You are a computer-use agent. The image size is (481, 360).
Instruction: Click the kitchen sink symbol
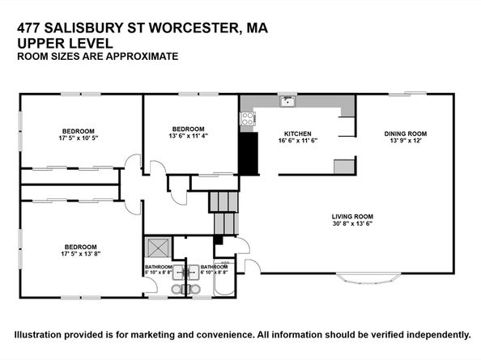pos(287,101)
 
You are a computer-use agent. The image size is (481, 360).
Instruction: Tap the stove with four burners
pos(248,119)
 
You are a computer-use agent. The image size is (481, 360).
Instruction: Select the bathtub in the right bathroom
pos(224,278)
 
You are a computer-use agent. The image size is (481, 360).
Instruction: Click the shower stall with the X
pos(158,247)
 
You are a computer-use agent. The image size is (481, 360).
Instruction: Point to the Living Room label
pos(352,217)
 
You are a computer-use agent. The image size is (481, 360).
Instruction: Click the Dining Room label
pos(406,133)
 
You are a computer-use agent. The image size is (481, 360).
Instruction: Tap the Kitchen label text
pos(297,134)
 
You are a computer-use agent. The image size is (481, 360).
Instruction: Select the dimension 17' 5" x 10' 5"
pos(79,138)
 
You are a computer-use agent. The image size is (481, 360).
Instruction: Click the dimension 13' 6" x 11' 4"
pos(189,136)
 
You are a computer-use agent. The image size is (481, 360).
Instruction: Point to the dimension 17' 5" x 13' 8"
pos(81,254)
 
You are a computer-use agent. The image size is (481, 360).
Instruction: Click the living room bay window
pos(368,278)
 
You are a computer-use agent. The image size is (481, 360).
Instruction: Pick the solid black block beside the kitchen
pos(248,154)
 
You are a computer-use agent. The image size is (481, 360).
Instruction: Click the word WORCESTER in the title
pos(193,28)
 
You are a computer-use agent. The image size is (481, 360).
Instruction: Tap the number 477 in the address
pos(28,28)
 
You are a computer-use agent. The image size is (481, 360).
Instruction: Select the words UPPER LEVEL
pos(65,43)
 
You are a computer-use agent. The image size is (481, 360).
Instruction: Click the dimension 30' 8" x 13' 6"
pos(352,223)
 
